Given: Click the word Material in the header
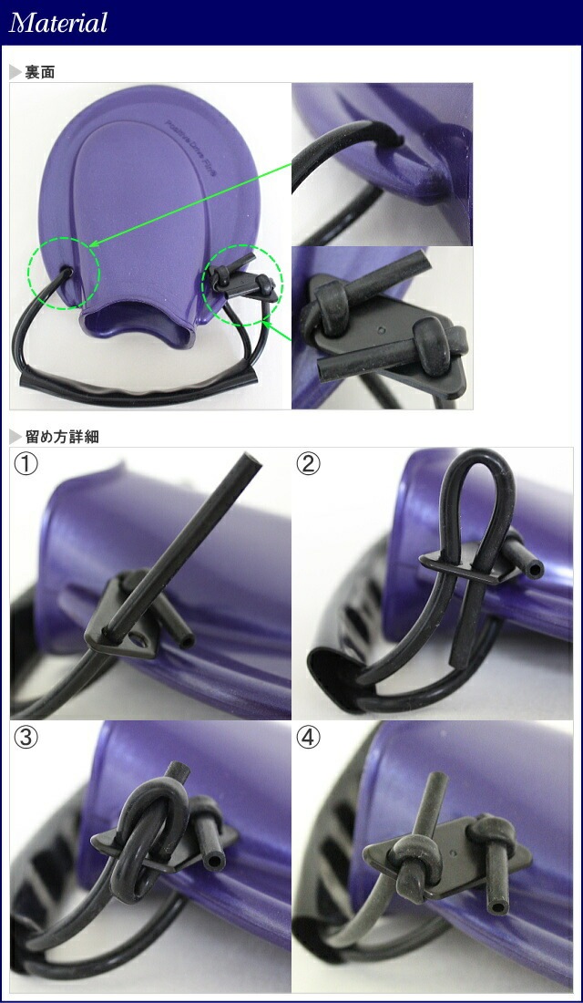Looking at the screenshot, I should pyautogui.click(x=58, y=23).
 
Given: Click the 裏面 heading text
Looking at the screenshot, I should pyautogui.click(x=39, y=72).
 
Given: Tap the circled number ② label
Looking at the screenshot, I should pyautogui.click(x=310, y=464).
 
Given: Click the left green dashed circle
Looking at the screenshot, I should pyautogui.click(x=63, y=273).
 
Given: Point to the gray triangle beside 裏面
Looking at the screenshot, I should pyautogui.click(x=15, y=72).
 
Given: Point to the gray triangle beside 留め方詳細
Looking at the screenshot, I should pyautogui.click(x=15, y=437).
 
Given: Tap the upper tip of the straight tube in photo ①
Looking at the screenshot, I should pyautogui.click(x=252, y=461).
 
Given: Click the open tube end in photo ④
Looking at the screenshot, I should pyautogui.click(x=499, y=905).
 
